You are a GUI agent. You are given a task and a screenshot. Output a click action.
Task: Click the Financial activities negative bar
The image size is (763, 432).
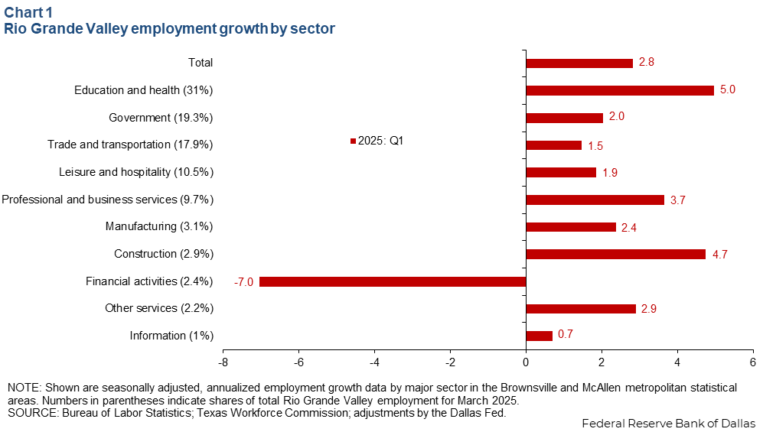pyautogui.click(x=393, y=281)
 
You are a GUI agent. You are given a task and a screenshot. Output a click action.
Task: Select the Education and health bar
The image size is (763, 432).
pyautogui.click(x=620, y=90)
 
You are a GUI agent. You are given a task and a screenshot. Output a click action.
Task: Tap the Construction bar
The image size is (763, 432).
pyautogui.click(x=616, y=254)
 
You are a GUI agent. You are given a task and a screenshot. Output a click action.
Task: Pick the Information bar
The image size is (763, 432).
pyautogui.click(x=539, y=336)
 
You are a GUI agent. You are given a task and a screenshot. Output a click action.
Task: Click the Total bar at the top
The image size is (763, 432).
pyautogui.click(x=579, y=63)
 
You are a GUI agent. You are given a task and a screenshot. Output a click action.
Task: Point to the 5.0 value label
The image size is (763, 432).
pyautogui.click(x=728, y=90)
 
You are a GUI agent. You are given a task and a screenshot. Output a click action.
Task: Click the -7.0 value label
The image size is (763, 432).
pyautogui.click(x=244, y=281)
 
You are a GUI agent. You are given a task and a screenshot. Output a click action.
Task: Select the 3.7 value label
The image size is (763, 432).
pyautogui.click(x=678, y=200)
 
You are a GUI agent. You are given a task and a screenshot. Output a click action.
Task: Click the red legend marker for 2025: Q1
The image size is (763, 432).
pyautogui.click(x=353, y=141)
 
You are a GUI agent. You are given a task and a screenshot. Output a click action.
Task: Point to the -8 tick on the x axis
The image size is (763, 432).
pyautogui.click(x=223, y=360)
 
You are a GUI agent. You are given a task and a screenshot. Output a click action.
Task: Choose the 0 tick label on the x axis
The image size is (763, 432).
pyautogui.click(x=526, y=360)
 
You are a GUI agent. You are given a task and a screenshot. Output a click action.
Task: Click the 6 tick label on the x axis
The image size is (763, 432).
pyautogui.click(x=752, y=360)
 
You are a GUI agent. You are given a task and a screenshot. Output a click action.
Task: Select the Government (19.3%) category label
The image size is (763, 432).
pyautogui.click(x=161, y=118)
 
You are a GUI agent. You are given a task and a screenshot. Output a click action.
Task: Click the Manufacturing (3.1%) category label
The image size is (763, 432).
pyautogui.click(x=158, y=226)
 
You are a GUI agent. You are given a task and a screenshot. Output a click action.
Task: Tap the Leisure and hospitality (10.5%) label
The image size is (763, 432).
pyautogui.click(x=135, y=172)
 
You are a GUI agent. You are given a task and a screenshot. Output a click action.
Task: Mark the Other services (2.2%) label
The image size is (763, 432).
pyautogui.click(x=158, y=308)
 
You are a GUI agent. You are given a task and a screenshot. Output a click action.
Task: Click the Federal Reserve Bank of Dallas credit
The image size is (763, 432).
pyautogui.click(x=668, y=424)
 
